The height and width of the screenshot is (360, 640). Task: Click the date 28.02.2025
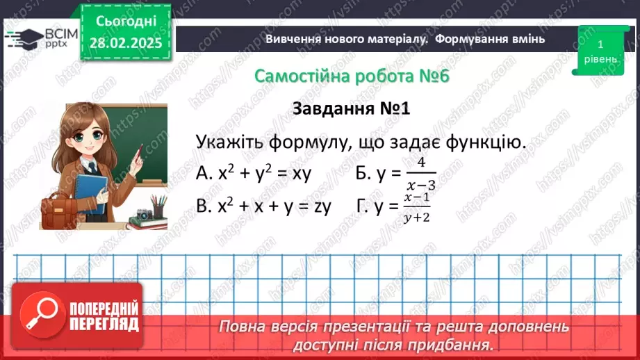[125, 42]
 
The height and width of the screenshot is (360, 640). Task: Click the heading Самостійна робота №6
[352, 76]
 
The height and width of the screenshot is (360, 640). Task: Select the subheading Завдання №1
[352, 109]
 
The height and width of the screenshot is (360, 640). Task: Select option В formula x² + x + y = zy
[264, 206]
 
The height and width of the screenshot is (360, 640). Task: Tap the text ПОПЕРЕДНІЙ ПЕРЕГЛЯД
[105, 316]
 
